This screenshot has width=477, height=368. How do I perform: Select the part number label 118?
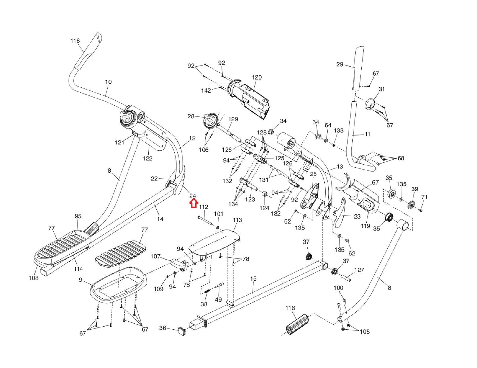tap(75, 40)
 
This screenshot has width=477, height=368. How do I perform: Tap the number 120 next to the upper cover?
tap(256, 77)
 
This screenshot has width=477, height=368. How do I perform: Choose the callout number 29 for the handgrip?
tap(340, 64)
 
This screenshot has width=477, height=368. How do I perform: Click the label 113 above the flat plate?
tap(237, 220)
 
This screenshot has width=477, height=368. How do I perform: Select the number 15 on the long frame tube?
tap(253, 279)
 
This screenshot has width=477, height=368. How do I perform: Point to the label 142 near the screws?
tap(206, 91)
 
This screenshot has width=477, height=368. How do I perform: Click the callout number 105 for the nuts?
tap(365, 332)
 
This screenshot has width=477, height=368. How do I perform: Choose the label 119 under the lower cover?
tap(366, 226)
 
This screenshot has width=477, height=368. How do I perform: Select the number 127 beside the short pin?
tap(359, 270)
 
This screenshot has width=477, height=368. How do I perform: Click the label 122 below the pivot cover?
tap(147, 158)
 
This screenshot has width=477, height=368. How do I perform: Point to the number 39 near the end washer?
tap(414, 189)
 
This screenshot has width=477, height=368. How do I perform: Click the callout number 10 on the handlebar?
tap(108, 82)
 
